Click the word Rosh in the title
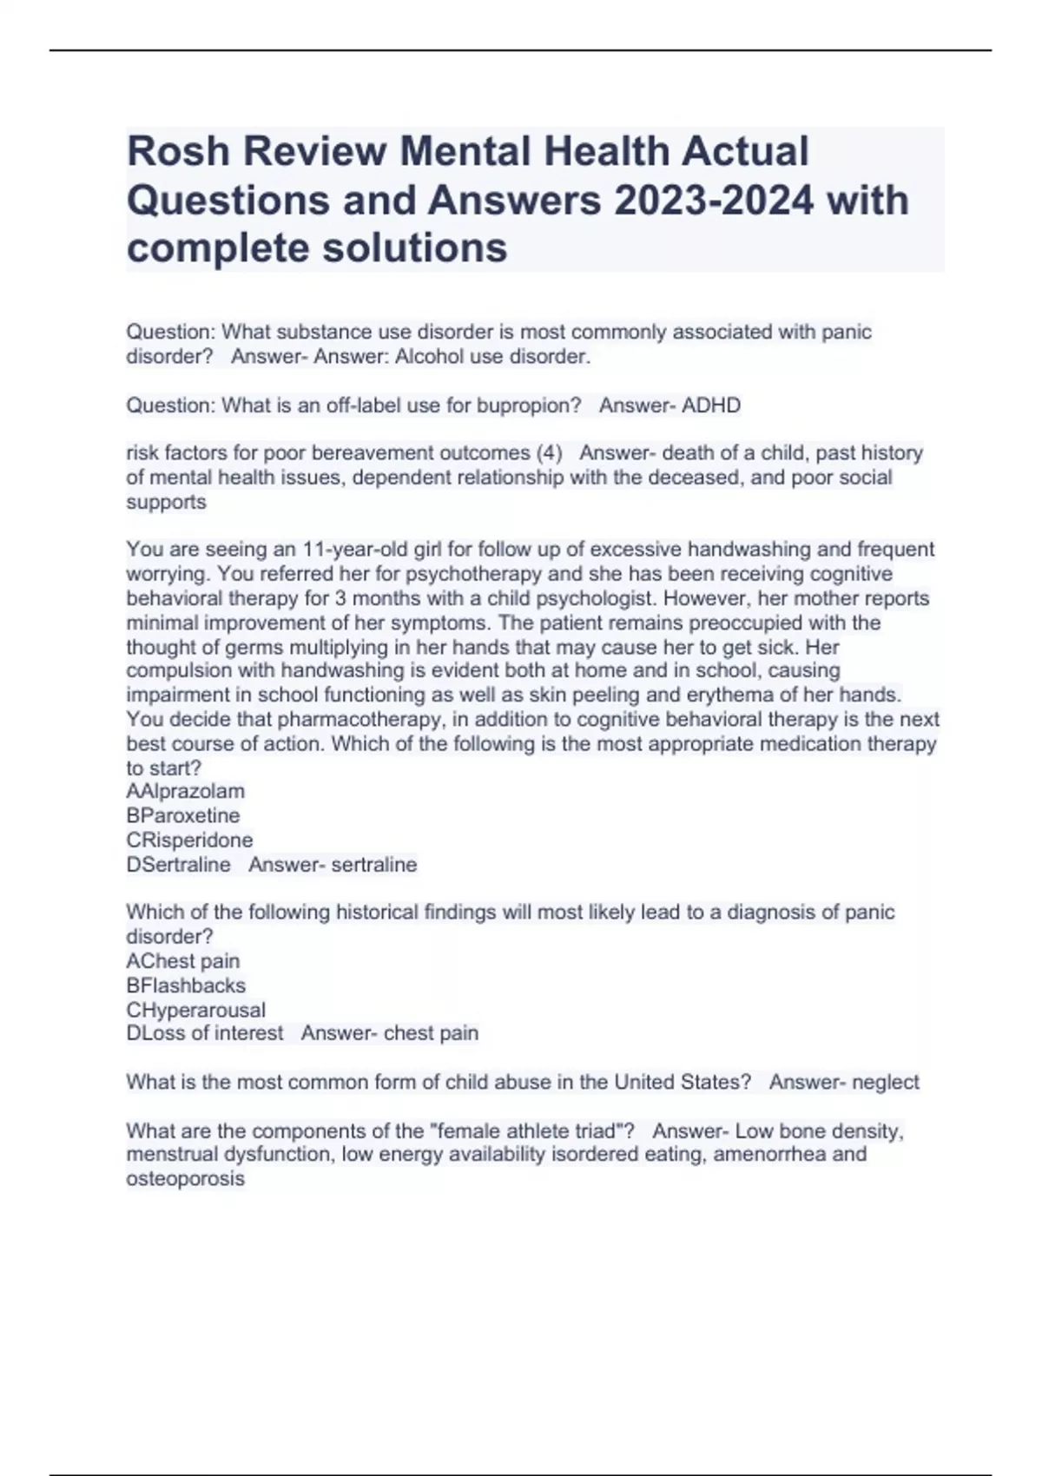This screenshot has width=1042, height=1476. [178, 151]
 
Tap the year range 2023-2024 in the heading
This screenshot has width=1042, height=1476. [714, 201]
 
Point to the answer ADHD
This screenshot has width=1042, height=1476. [712, 405]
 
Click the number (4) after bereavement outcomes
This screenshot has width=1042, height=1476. [549, 453]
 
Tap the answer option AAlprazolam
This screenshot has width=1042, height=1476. [185, 791]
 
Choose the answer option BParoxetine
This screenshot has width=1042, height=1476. [182, 815]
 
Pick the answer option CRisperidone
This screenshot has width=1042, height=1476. [189, 840]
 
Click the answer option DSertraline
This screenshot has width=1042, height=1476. [178, 865]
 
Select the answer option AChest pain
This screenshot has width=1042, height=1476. [182, 961]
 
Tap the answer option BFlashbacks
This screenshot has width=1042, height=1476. [186, 985]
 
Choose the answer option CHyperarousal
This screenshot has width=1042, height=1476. [195, 1010]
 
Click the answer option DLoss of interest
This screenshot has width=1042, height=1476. [204, 1033]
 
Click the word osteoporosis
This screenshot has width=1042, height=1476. [185, 1179]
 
